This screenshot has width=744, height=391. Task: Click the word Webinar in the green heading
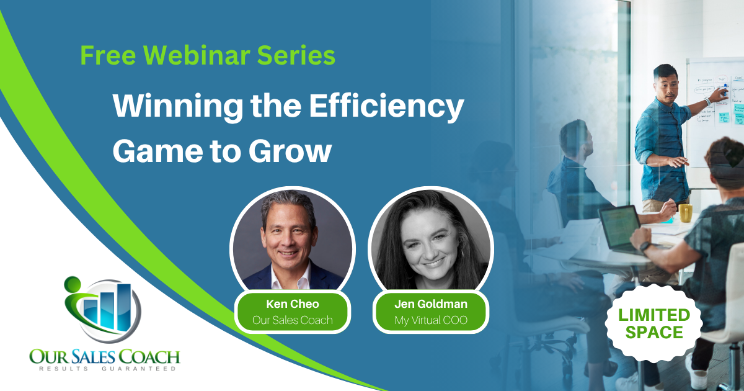point(197,55)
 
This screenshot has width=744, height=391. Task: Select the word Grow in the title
point(290,152)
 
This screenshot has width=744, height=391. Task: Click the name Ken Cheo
point(293,304)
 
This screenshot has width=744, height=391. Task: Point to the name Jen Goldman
point(431,304)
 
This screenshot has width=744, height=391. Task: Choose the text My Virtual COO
point(431,320)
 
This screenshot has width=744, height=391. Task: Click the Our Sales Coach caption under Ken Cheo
point(293,320)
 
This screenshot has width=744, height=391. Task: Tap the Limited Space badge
point(653,323)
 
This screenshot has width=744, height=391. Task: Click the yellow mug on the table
point(686,213)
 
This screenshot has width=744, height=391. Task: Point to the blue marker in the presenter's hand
point(726,90)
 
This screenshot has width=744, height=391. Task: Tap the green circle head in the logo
point(73,284)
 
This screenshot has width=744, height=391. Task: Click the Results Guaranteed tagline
point(107,369)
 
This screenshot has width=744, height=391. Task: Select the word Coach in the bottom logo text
point(149,357)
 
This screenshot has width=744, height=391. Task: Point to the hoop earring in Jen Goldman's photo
point(461,253)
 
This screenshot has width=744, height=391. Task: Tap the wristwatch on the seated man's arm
point(645,247)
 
